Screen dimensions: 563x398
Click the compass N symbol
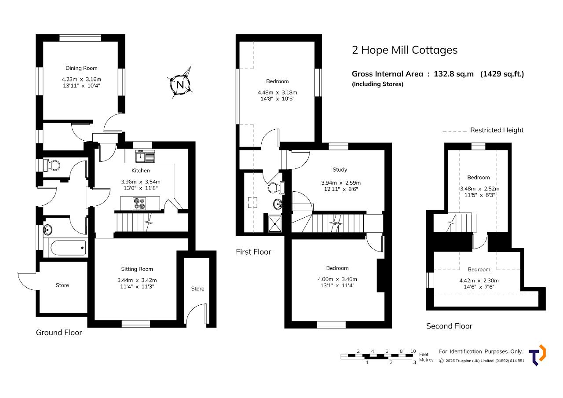[180, 84]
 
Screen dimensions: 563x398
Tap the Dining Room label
[81, 68]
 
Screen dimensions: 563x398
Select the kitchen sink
[145, 156]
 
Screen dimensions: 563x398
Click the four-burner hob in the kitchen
[139, 204]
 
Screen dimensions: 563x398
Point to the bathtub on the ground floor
[68, 248]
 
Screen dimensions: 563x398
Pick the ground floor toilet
[52, 165]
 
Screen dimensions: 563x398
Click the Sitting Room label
[137, 269]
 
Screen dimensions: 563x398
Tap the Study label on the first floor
[340, 170]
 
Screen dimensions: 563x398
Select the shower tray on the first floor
[275, 223]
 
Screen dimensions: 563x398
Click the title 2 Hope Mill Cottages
[405, 50]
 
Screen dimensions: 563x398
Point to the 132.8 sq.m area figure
[453, 74]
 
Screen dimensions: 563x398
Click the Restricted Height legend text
[497, 130]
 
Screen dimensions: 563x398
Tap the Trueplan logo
[537, 355]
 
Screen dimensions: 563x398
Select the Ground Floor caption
[59, 332]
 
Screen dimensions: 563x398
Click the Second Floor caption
[449, 326]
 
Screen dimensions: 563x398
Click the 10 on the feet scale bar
[413, 351]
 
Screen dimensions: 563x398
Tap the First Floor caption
[253, 252]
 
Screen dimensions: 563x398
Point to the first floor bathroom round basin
[278, 204]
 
